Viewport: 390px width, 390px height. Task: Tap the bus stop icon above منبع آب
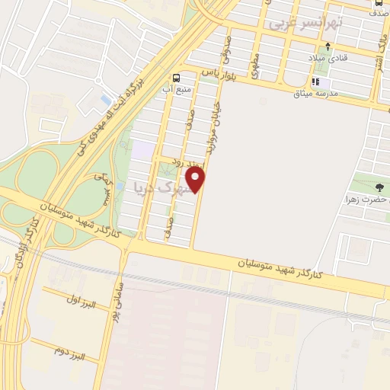(177, 77)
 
